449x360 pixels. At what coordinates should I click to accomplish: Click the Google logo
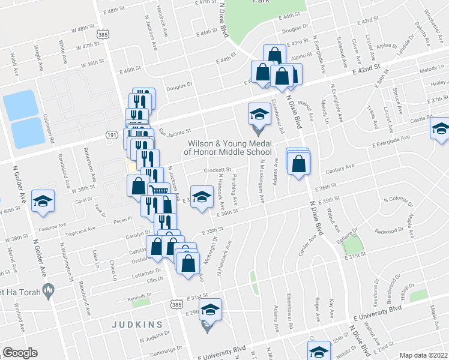pyautogui.click(x=20, y=353)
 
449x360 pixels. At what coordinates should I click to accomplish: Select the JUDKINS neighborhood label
pyautogui.click(x=137, y=325)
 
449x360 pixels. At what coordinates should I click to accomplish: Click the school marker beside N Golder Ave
pyautogui.click(x=43, y=202)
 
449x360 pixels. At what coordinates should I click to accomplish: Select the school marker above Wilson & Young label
pyautogui.click(x=259, y=113)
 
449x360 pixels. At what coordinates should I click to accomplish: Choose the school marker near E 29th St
pyautogui.click(x=210, y=310)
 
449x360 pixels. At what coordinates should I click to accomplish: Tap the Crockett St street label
pyautogui.click(x=217, y=170)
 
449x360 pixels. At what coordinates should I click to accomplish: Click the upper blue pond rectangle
pyautogui.click(x=20, y=104)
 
